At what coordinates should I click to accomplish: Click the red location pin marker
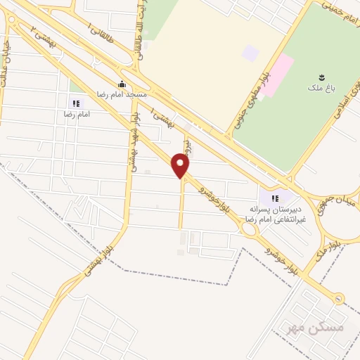tap(181, 166)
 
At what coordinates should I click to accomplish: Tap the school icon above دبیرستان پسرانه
tap(275, 199)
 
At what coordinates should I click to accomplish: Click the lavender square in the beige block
tap(250, 53)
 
